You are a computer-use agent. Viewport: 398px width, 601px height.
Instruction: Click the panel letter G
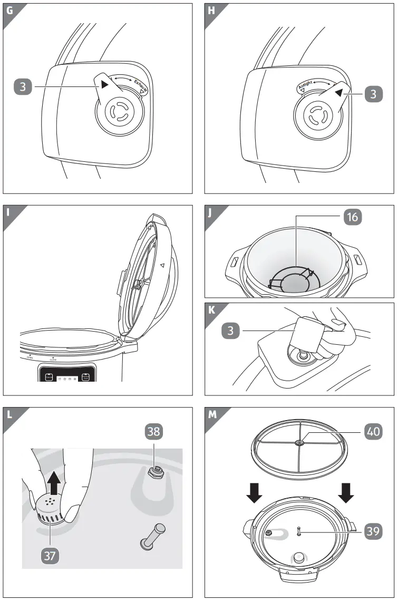[9, 10]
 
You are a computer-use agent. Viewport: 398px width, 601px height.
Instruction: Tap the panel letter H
[211, 10]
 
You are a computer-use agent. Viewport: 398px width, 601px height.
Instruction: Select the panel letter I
[8, 212]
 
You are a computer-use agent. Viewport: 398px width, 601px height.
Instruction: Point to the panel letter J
[211, 212]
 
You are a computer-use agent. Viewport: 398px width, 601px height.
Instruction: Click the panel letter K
[211, 309]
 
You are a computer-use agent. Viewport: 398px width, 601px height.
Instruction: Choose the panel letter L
[9, 414]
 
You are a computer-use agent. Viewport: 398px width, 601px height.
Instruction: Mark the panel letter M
[212, 414]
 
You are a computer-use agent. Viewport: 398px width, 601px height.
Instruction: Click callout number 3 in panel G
[23, 87]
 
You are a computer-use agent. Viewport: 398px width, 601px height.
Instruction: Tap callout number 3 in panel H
[373, 94]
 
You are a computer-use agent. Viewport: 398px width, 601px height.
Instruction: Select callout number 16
[353, 216]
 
